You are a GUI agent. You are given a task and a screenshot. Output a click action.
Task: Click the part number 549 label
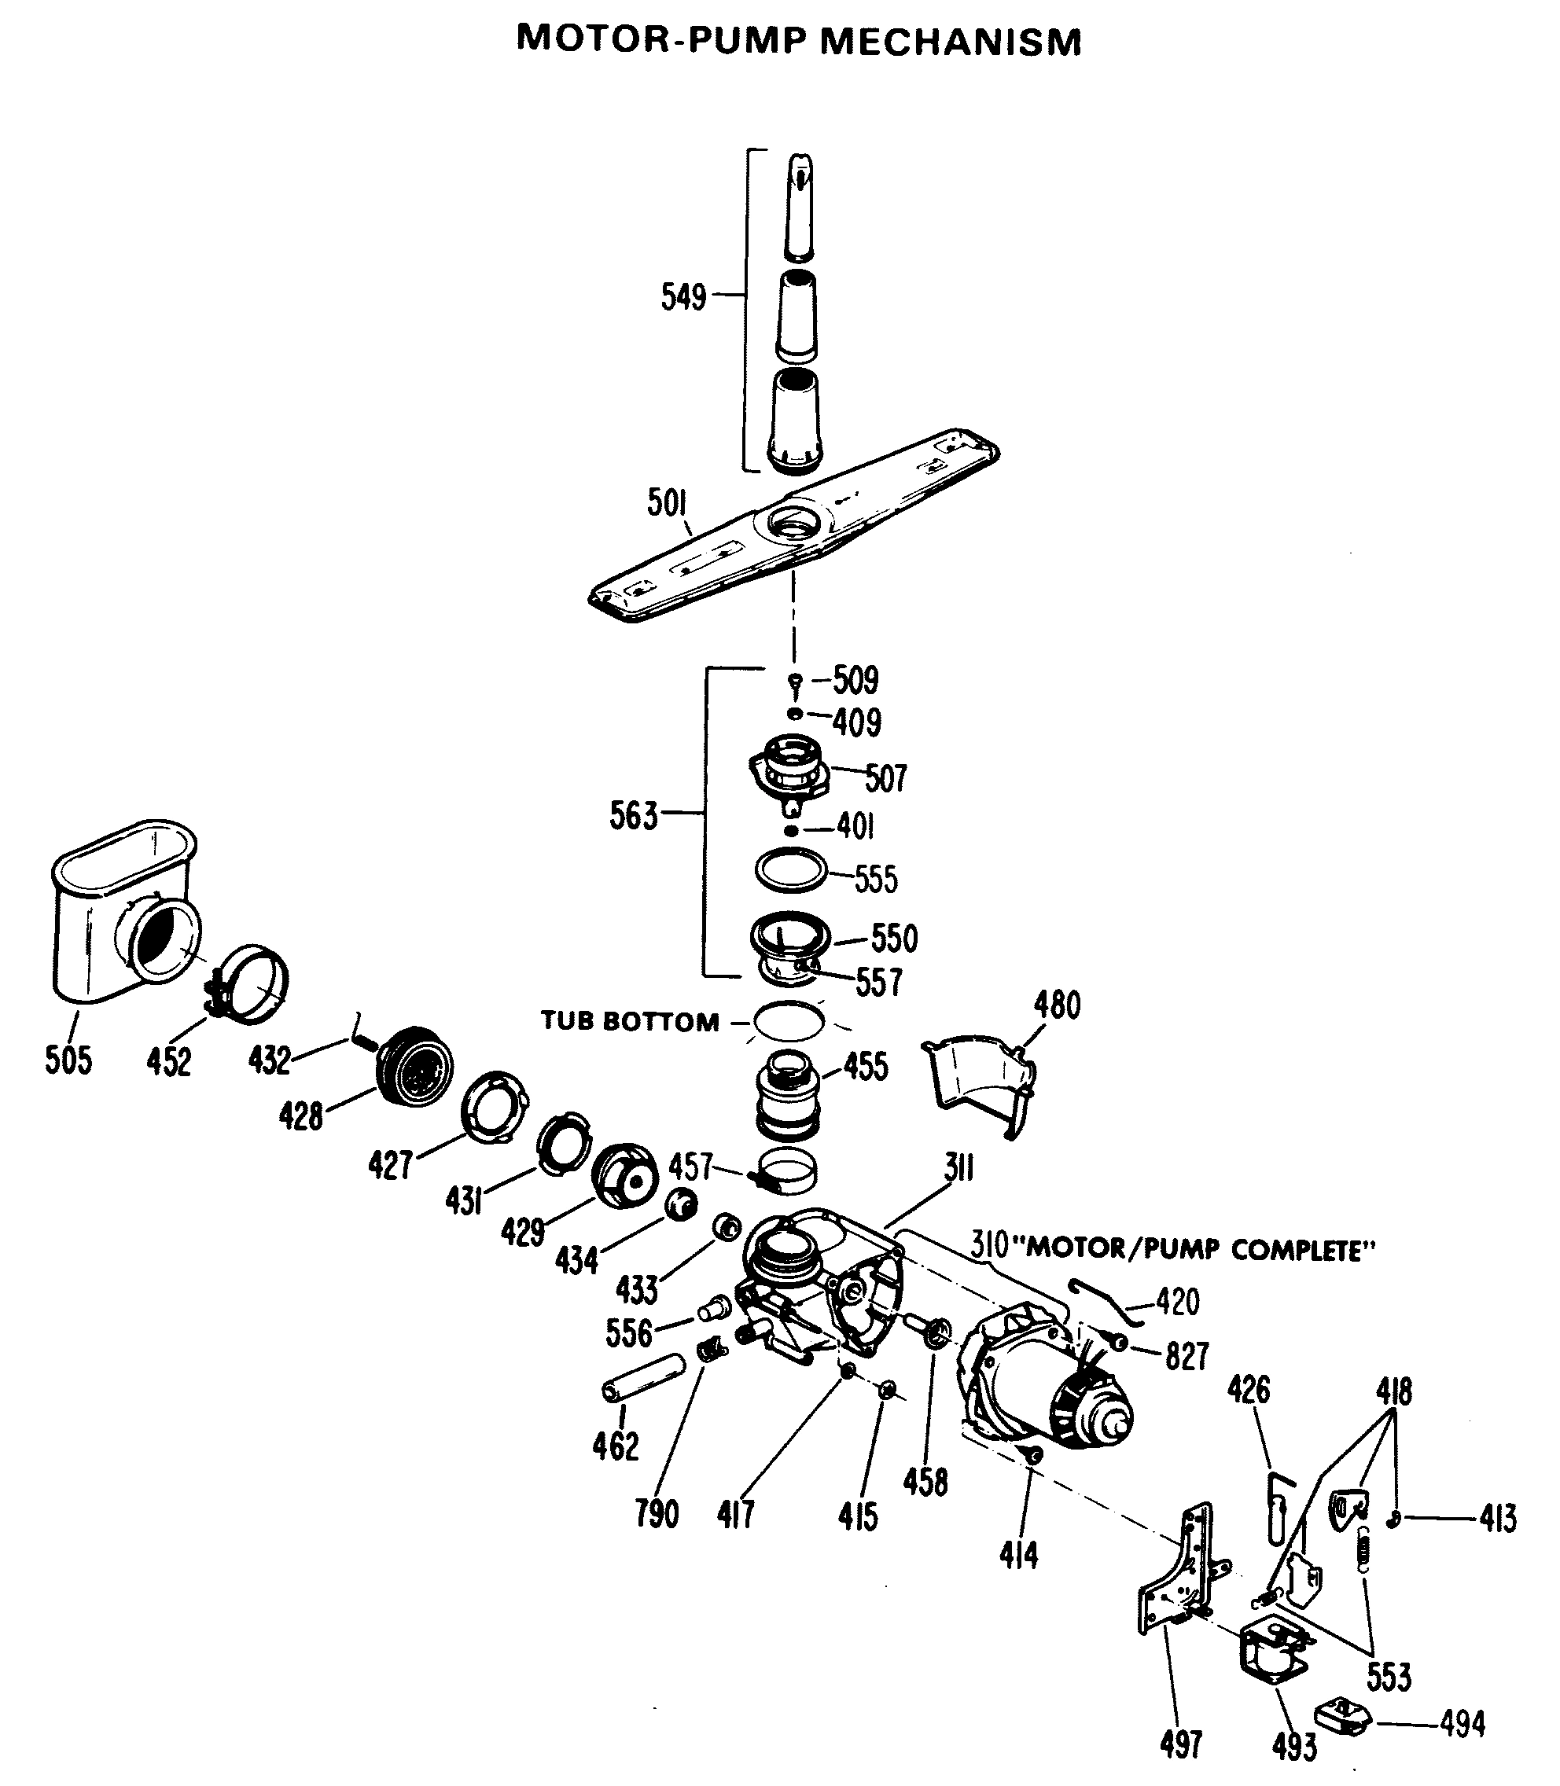click(683, 298)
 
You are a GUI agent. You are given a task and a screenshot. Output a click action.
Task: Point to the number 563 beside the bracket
click(633, 817)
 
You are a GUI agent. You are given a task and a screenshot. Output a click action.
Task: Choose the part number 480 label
click(1057, 1005)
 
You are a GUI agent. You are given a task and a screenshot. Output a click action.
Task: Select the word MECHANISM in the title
click(951, 42)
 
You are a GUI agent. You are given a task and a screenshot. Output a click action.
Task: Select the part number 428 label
click(300, 1115)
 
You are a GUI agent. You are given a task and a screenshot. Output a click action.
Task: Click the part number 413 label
click(1497, 1519)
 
